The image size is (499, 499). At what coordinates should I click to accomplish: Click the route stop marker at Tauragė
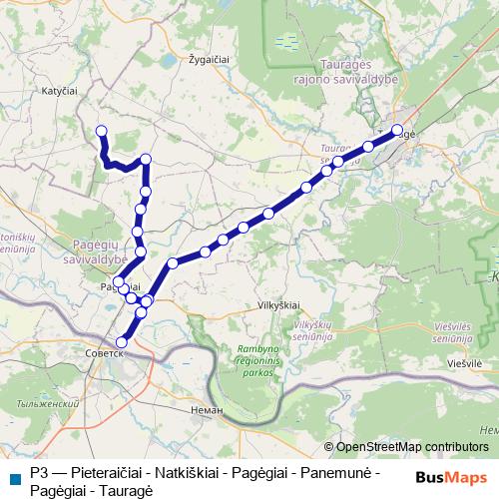point(397,130)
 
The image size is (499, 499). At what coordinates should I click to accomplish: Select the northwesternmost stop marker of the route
point(100,130)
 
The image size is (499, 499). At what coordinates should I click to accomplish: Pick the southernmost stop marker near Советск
point(122,343)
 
